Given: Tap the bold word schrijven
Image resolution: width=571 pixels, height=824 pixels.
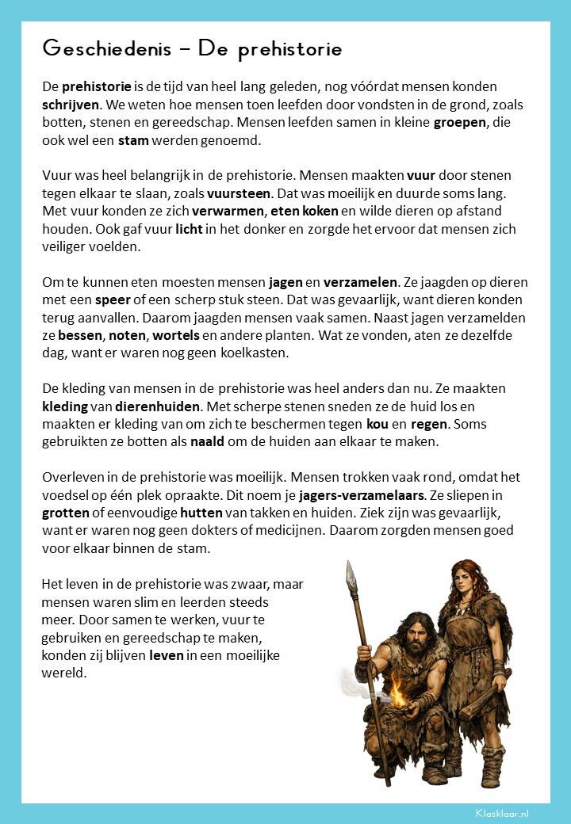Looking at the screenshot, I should [x=71, y=105].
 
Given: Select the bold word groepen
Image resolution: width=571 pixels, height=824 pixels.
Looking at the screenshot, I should [x=462, y=124].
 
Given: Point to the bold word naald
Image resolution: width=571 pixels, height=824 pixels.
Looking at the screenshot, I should [x=207, y=442].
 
